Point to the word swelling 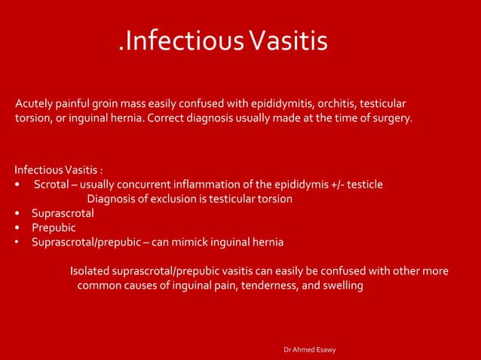pos(340,285)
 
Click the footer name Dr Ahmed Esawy pos(309,350)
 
